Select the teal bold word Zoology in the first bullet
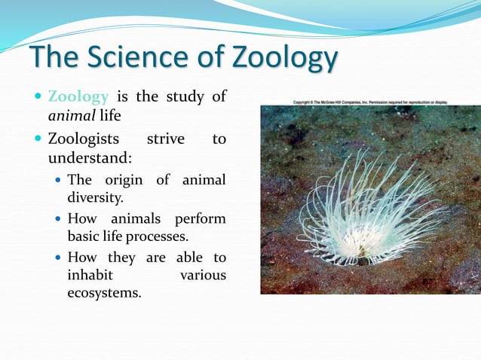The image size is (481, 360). [78, 97]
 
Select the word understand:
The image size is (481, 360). [90, 159]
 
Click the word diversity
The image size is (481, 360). [95, 199]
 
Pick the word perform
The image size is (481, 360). [201, 219]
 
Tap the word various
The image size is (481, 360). [203, 276]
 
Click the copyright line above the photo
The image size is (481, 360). [370, 100]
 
